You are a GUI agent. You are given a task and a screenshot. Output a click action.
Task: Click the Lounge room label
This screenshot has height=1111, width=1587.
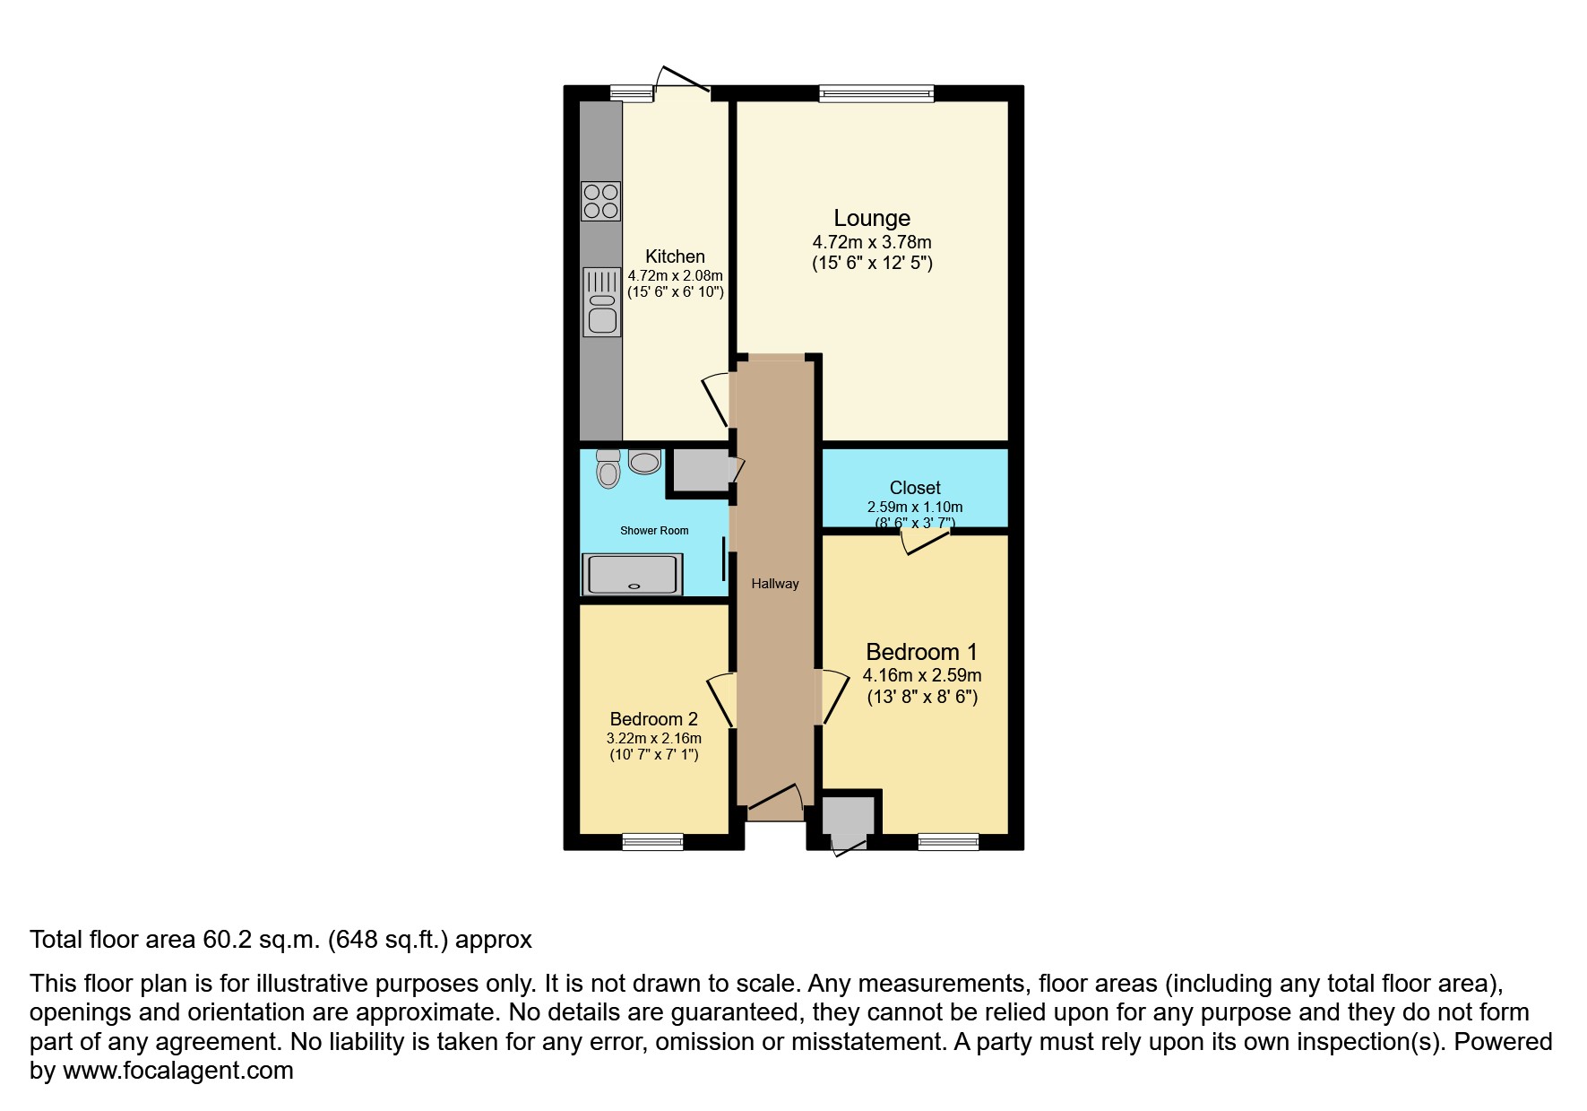872,218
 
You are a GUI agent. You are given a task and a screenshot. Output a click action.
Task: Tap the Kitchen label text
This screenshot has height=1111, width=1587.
675,256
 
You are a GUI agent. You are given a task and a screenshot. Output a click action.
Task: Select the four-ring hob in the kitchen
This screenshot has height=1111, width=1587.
600,201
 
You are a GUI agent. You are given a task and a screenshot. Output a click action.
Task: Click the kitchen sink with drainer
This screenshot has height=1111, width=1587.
602,302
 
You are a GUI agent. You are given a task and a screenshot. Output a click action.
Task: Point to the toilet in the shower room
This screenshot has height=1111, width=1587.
608,468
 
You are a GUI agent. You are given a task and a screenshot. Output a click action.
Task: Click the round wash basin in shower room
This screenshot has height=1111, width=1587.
644,461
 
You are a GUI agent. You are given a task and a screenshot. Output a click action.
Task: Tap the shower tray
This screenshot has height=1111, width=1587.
632,575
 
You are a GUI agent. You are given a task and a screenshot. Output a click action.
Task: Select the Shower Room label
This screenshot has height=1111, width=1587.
654,531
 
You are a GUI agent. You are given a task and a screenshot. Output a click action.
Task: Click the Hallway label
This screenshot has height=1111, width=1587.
775,584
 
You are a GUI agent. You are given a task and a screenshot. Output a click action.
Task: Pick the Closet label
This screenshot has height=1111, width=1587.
915,488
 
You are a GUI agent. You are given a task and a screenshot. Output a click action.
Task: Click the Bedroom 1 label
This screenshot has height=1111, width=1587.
921,652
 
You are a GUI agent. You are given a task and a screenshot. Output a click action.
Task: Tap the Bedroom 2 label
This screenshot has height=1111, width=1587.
653,719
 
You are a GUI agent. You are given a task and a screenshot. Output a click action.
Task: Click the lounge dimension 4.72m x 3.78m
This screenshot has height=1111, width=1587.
872,242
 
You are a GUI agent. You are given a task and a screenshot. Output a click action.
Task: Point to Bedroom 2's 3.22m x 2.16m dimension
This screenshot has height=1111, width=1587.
654,739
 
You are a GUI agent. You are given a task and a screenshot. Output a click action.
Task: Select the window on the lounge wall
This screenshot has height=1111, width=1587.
876,92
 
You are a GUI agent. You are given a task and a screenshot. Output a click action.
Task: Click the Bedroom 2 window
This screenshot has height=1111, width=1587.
652,841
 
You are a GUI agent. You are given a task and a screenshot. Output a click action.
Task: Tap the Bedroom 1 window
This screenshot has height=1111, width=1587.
948,841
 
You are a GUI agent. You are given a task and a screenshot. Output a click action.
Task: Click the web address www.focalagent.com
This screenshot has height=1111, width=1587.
177,1071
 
